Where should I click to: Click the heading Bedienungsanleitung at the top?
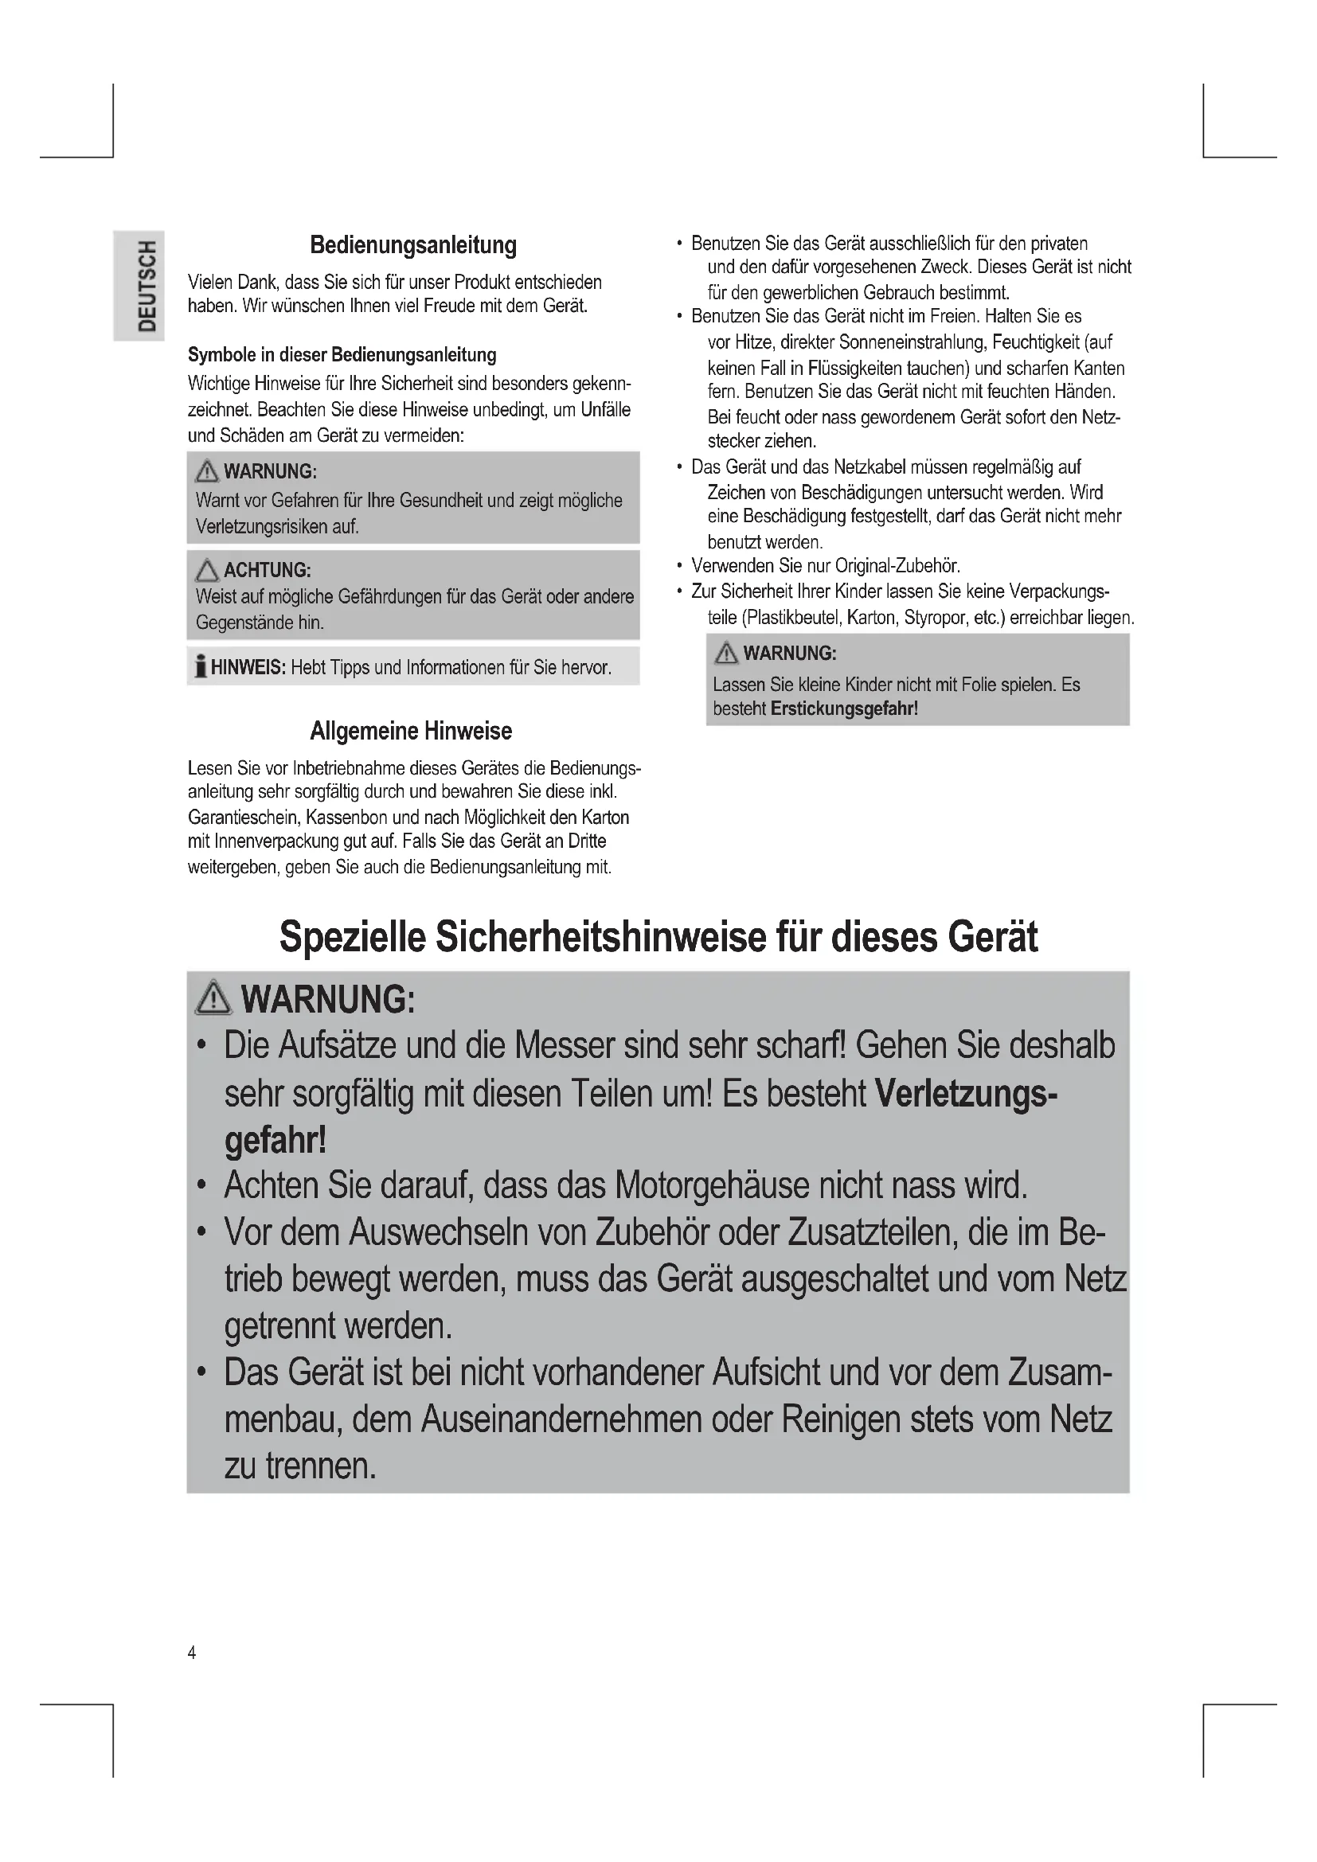click(x=412, y=245)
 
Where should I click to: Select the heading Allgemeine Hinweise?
click(x=410, y=731)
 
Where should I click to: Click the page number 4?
click(x=191, y=1653)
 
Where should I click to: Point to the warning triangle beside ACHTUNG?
click(x=207, y=570)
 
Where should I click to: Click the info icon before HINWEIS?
click(x=200, y=666)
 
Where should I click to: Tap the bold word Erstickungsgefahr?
click(x=843, y=708)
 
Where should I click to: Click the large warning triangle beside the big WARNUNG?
click(x=213, y=997)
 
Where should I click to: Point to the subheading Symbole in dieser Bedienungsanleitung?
click(x=342, y=354)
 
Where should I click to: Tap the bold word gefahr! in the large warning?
click(x=275, y=1139)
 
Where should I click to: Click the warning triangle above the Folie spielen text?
click(x=726, y=653)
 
